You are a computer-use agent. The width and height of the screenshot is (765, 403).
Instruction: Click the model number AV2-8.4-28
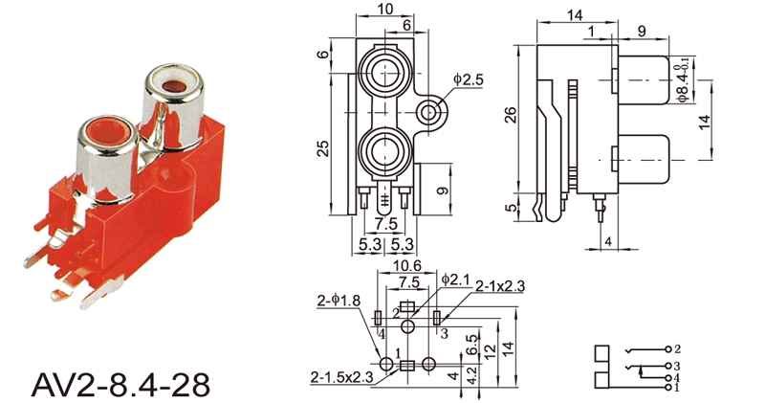[x=121, y=385]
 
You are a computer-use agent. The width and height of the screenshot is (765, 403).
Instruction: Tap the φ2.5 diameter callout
[x=469, y=79]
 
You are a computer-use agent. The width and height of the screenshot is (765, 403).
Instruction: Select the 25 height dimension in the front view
[x=323, y=148]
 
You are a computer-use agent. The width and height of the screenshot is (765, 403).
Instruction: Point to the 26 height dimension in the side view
[x=511, y=115]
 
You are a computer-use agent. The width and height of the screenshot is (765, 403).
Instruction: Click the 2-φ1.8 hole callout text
[x=339, y=301]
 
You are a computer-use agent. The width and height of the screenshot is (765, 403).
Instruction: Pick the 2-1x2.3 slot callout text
[x=500, y=286]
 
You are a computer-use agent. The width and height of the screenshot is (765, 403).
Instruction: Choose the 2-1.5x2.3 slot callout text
[x=341, y=377]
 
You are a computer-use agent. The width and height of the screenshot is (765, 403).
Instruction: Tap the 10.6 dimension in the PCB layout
[x=407, y=266]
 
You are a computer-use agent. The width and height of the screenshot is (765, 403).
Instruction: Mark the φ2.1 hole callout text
[x=455, y=280]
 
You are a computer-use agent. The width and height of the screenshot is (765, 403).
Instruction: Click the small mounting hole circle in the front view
[x=428, y=112]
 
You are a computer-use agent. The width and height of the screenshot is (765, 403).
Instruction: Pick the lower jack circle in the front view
[x=385, y=151]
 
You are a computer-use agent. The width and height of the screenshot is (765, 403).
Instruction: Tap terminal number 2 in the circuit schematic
[x=677, y=348]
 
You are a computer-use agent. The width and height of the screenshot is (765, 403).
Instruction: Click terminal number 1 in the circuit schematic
[x=677, y=388]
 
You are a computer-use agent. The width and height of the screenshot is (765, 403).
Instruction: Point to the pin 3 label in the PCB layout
[x=444, y=334]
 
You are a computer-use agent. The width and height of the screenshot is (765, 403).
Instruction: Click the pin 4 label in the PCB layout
[x=381, y=334]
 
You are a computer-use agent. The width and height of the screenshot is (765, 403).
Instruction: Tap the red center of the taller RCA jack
[x=174, y=87]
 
